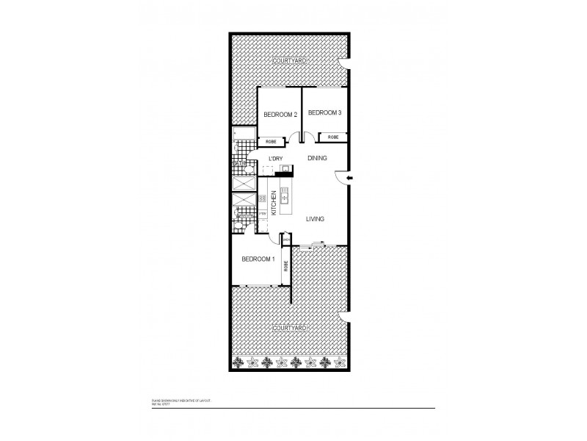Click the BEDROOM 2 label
click(280, 115)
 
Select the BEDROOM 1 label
click(258, 259)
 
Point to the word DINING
click(317, 158)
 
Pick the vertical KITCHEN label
click(274, 201)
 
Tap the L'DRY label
click(276, 159)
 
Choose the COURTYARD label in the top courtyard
click(288, 60)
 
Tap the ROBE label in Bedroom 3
click(333, 137)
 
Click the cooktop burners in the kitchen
click(263, 198)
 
